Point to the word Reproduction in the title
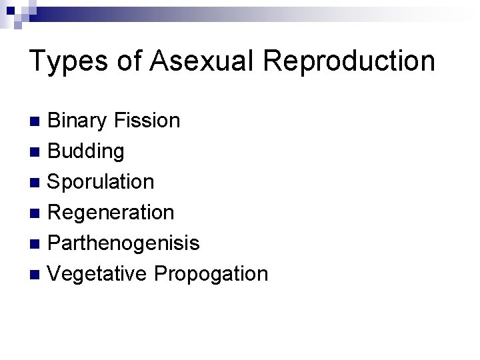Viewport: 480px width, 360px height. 349,61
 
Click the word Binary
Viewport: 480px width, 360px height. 77,121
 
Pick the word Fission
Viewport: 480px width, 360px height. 147,121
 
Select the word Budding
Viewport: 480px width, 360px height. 86,152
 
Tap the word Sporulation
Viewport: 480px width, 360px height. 101,182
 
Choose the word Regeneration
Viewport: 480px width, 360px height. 111,213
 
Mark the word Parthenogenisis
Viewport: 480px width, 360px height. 124,243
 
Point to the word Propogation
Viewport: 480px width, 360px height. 211,274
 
